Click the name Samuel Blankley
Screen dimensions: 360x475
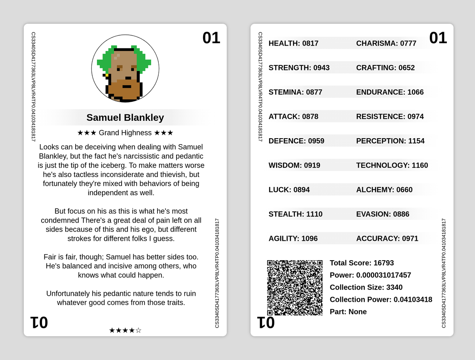[125, 118]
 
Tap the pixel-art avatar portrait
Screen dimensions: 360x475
[125, 68]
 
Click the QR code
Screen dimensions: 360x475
[294, 288]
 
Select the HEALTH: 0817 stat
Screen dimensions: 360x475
[293, 43]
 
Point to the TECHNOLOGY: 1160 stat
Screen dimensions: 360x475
[392, 165]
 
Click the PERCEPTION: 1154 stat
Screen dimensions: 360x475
[390, 141]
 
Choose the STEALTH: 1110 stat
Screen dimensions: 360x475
[295, 214]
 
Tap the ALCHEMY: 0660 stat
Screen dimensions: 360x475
[384, 190]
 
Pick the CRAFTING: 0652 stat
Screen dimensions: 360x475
[386, 68]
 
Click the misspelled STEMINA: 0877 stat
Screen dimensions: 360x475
[295, 92]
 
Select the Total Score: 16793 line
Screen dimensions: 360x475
[362, 263]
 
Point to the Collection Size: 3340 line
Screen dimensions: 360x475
[366, 287]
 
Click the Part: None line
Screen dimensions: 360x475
[348, 312]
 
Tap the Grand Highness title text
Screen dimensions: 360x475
[125, 133]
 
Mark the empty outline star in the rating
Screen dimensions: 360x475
[138, 330]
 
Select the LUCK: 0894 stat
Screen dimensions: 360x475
[289, 190]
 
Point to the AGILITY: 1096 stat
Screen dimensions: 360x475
[293, 238]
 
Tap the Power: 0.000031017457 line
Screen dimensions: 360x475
[370, 275]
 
